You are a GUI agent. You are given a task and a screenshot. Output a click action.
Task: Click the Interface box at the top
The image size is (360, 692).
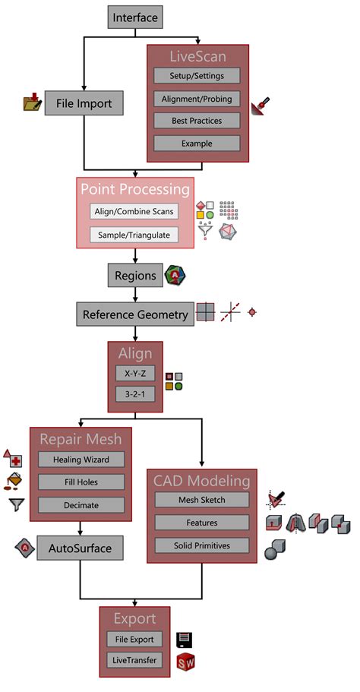coord(136,17)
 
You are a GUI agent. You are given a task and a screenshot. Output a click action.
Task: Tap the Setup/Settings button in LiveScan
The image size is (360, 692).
coord(197,76)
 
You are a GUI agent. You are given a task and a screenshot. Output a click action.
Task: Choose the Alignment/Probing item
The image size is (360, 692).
coord(197,99)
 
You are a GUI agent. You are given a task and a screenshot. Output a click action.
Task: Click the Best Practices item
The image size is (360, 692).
coord(197,121)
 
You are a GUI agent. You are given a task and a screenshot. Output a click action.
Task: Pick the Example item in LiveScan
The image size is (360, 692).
coord(197,144)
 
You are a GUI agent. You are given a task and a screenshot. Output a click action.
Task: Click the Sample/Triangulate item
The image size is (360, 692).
coord(134,235)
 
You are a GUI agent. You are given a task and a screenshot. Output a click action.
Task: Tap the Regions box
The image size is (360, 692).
coord(134,276)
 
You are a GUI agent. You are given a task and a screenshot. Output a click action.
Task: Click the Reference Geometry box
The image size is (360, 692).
coord(135,314)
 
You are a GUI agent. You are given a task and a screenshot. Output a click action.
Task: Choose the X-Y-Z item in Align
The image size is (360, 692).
coord(134,374)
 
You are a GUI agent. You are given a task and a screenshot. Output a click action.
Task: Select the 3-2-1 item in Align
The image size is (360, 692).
coord(134,395)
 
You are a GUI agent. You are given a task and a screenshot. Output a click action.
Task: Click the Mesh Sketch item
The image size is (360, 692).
coord(202,500)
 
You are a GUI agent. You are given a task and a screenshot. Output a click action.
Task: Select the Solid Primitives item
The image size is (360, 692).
coord(202,545)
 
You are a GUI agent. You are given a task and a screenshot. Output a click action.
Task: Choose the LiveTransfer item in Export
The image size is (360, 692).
coord(134,660)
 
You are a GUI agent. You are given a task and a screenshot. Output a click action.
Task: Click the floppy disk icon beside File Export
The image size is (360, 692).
coord(185,640)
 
